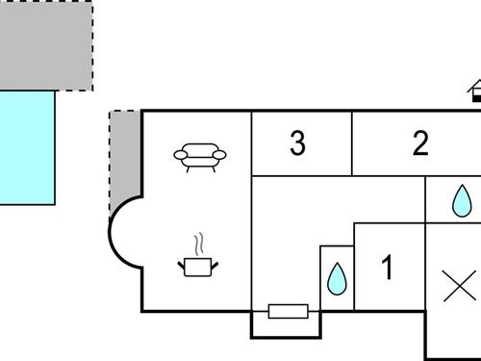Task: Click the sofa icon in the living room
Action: click(x=200, y=155)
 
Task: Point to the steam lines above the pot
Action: click(x=199, y=242)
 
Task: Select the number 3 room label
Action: click(x=297, y=144)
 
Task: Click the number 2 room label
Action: click(x=419, y=144)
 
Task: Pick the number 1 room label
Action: click(x=387, y=269)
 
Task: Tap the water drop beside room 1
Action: click(x=337, y=278)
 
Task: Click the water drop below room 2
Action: click(x=463, y=201)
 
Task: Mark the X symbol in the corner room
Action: click(x=460, y=287)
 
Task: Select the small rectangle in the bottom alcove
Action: click(x=288, y=311)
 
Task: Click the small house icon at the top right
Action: click(x=475, y=92)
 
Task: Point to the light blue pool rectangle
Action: click(x=27, y=146)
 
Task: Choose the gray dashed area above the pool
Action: click(x=46, y=44)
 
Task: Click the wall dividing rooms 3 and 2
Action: click(x=352, y=143)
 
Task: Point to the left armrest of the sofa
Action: click(x=180, y=154)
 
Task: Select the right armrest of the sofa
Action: click(x=221, y=154)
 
